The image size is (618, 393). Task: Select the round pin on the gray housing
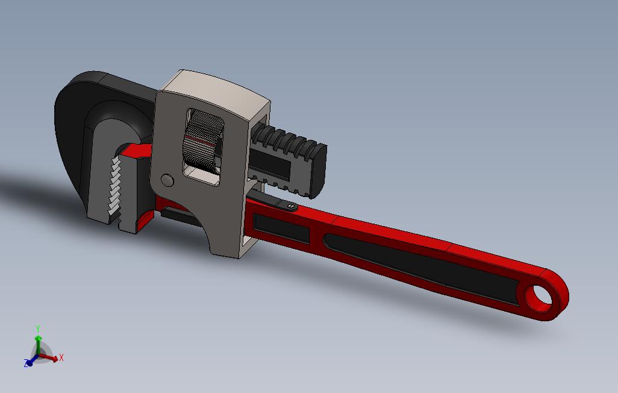[x=167, y=180]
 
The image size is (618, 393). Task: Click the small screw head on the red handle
[x=292, y=207]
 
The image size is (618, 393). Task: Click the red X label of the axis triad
[x=61, y=358]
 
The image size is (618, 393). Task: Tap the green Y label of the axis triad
[x=38, y=329]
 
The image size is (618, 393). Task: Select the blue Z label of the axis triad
[x=26, y=363]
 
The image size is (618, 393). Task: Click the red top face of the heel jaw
[x=140, y=151]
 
